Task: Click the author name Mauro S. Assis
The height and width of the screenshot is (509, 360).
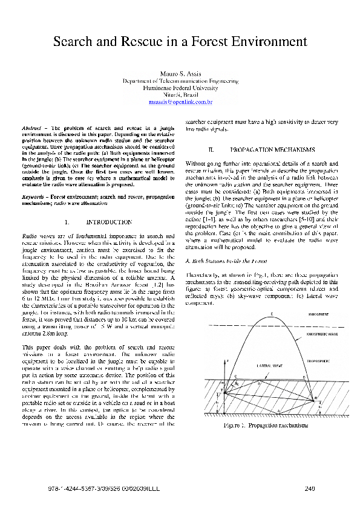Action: click(180, 73)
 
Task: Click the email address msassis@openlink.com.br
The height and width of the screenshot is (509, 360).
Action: click(180, 103)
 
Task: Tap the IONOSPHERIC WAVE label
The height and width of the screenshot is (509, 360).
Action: click(309, 333)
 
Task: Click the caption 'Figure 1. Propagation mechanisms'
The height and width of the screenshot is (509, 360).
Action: click(266, 425)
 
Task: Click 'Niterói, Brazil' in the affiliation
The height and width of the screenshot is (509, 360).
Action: click(180, 96)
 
